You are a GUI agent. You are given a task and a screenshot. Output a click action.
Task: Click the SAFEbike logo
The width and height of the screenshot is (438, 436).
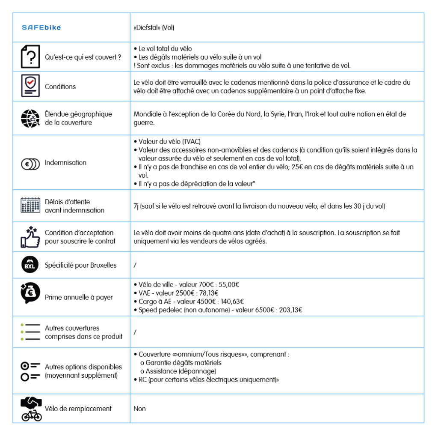point(41,27)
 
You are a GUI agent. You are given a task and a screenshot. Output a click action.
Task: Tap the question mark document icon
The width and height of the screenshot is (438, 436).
point(30,57)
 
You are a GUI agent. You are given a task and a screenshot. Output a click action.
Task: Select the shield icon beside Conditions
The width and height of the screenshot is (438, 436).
point(30,86)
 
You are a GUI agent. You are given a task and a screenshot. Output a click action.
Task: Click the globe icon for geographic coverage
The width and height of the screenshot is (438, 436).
point(30,119)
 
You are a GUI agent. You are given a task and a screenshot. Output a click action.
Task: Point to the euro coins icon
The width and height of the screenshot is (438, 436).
point(30,163)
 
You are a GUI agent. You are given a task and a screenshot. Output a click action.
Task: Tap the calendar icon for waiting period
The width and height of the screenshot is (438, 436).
point(30,206)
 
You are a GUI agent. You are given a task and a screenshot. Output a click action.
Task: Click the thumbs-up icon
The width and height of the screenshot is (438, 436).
point(30,237)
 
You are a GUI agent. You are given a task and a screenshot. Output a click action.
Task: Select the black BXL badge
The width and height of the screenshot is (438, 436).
point(30,265)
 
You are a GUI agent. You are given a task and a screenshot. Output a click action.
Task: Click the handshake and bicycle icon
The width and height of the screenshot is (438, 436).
point(31,409)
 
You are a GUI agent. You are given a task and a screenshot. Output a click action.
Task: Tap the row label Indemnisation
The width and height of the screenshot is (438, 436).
point(65,163)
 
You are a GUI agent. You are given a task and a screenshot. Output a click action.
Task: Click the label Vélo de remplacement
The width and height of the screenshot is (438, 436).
point(78,409)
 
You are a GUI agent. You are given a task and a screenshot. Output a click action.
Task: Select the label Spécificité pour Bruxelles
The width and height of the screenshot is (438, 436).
point(80,265)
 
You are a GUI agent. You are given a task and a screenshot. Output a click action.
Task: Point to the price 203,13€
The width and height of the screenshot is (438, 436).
point(290,310)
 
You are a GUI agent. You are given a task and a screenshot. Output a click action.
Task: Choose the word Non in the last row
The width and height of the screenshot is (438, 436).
point(139,409)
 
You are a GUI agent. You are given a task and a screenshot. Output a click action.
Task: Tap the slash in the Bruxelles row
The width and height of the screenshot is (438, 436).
point(135,265)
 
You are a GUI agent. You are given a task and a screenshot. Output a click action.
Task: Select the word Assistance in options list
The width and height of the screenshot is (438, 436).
point(160,371)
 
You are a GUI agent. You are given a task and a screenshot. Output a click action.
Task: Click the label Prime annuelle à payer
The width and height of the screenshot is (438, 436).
point(79,297)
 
